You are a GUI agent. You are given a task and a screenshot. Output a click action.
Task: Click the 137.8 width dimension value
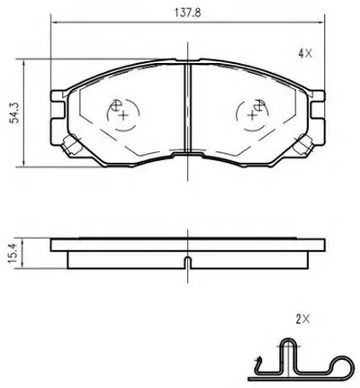(x=187, y=13)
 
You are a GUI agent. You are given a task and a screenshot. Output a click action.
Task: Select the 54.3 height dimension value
(x=14, y=113)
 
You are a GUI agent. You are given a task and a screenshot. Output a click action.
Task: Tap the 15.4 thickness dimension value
(x=13, y=253)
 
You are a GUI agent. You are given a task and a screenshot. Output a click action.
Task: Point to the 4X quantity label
(x=305, y=54)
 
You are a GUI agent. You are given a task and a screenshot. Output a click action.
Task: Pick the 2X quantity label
(x=302, y=320)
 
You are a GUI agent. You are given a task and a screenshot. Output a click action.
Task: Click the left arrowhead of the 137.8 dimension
(x=55, y=23)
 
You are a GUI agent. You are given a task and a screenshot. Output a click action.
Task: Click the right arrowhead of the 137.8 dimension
(x=321, y=23)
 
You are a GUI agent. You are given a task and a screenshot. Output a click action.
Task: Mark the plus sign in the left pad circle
(x=122, y=115)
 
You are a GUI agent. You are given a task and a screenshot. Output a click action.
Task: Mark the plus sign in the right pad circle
(x=252, y=115)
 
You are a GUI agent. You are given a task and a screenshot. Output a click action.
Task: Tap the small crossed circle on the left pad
(x=115, y=105)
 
